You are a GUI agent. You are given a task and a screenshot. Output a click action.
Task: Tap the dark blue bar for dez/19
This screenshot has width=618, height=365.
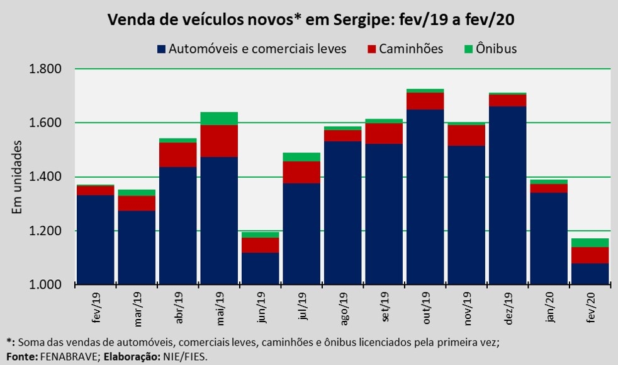pyautogui.click(x=507, y=195)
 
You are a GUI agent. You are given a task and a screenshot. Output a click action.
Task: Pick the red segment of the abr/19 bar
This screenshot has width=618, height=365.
pyautogui.click(x=177, y=155)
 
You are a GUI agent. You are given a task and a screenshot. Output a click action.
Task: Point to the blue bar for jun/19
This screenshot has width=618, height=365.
pyautogui.click(x=260, y=269)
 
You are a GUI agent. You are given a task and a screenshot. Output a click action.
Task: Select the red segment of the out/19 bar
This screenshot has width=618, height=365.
pyautogui.click(x=425, y=101)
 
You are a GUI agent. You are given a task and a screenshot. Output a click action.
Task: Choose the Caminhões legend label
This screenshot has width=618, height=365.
pyautogui.click(x=411, y=49)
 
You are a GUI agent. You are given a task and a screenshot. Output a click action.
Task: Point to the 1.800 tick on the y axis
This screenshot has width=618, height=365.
pyautogui.click(x=47, y=69)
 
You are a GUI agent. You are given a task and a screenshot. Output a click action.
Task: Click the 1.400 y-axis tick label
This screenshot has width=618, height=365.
pyautogui.click(x=47, y=177)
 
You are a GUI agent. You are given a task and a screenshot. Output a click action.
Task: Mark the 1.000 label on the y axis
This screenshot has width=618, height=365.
pyautogui.click(x=47, y=285)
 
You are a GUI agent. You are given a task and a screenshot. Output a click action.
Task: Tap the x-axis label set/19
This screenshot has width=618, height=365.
pyautogui.click(x=385, y=308)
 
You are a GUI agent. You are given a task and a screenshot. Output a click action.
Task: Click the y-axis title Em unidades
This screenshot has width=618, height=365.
pyautogui.click(x=18, y=177)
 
